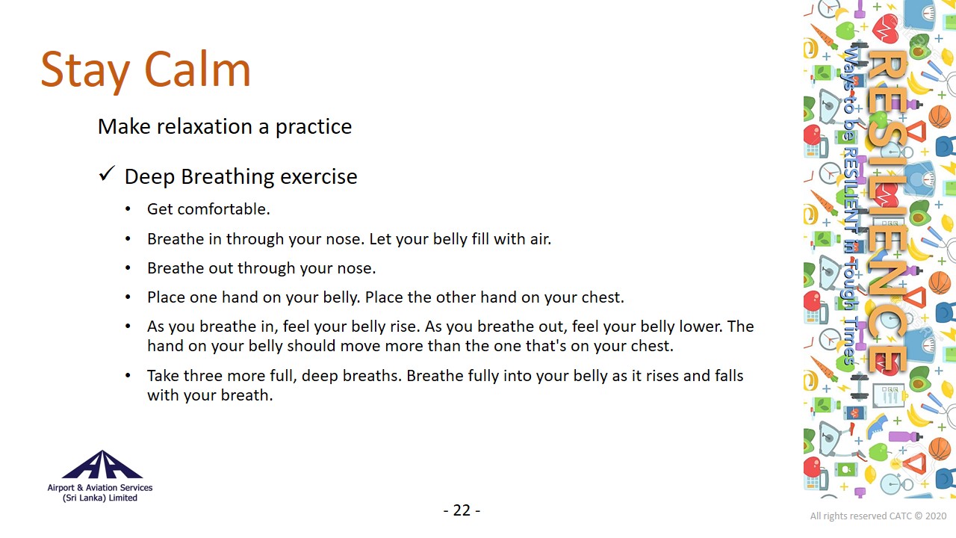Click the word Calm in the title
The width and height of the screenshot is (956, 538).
pos(197,69)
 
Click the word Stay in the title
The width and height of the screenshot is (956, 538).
pos(85,72)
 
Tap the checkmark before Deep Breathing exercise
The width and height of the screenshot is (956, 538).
pos(107,173)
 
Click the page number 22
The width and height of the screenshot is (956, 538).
pos(462,510)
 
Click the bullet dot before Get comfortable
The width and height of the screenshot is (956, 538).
pos(128,209)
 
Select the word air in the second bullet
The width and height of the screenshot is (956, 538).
pos(540,239)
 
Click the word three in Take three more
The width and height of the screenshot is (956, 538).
pos(207,376)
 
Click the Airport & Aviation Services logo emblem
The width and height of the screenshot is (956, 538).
pos(102,465)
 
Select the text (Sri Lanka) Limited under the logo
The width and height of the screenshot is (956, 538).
pos(100,498)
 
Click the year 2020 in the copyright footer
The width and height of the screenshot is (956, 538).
pos(936,516)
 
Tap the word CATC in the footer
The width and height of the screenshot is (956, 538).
pos(901,516)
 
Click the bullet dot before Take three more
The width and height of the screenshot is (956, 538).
pos(128,376)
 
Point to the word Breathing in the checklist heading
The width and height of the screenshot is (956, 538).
pos(228,177)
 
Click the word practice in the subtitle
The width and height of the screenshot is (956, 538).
pos(313,127)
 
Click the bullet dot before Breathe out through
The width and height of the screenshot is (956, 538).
pos(128,268)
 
